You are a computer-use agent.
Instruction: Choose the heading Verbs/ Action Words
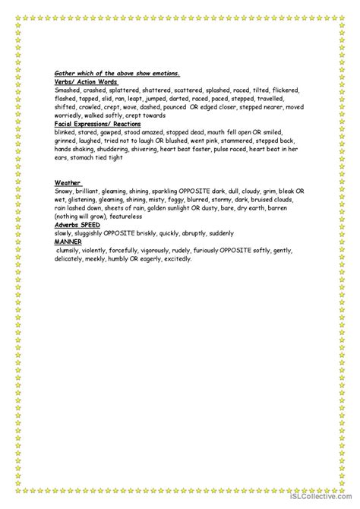point(87,81)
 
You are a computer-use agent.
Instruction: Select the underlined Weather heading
point(68,184)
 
